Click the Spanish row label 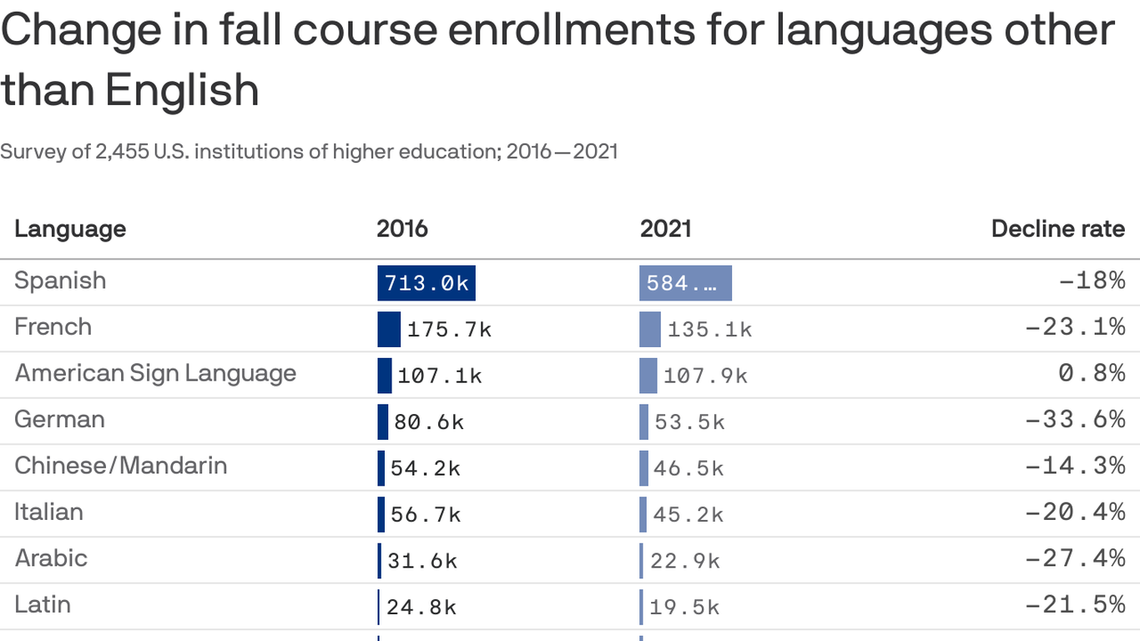[60, 280]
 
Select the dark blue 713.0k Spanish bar [426, 283]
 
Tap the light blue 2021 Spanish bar [685, 283]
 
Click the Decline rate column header [1057, 229]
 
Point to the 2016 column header [402, 229]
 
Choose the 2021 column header [665, 229]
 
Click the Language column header [70, 229]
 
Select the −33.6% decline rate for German [1075, 419]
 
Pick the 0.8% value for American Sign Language [1092, 373]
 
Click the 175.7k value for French [449, 330]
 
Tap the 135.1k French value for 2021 [709, 330]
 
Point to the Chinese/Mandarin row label [121, 465]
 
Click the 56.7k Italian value [426, 515]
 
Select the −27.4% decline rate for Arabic [1075, 558]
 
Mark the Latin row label [43, 604]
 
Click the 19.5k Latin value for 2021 [684, 608]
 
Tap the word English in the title [182, 90]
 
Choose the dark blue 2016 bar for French [389, 329]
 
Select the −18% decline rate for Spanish [1092, 280]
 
